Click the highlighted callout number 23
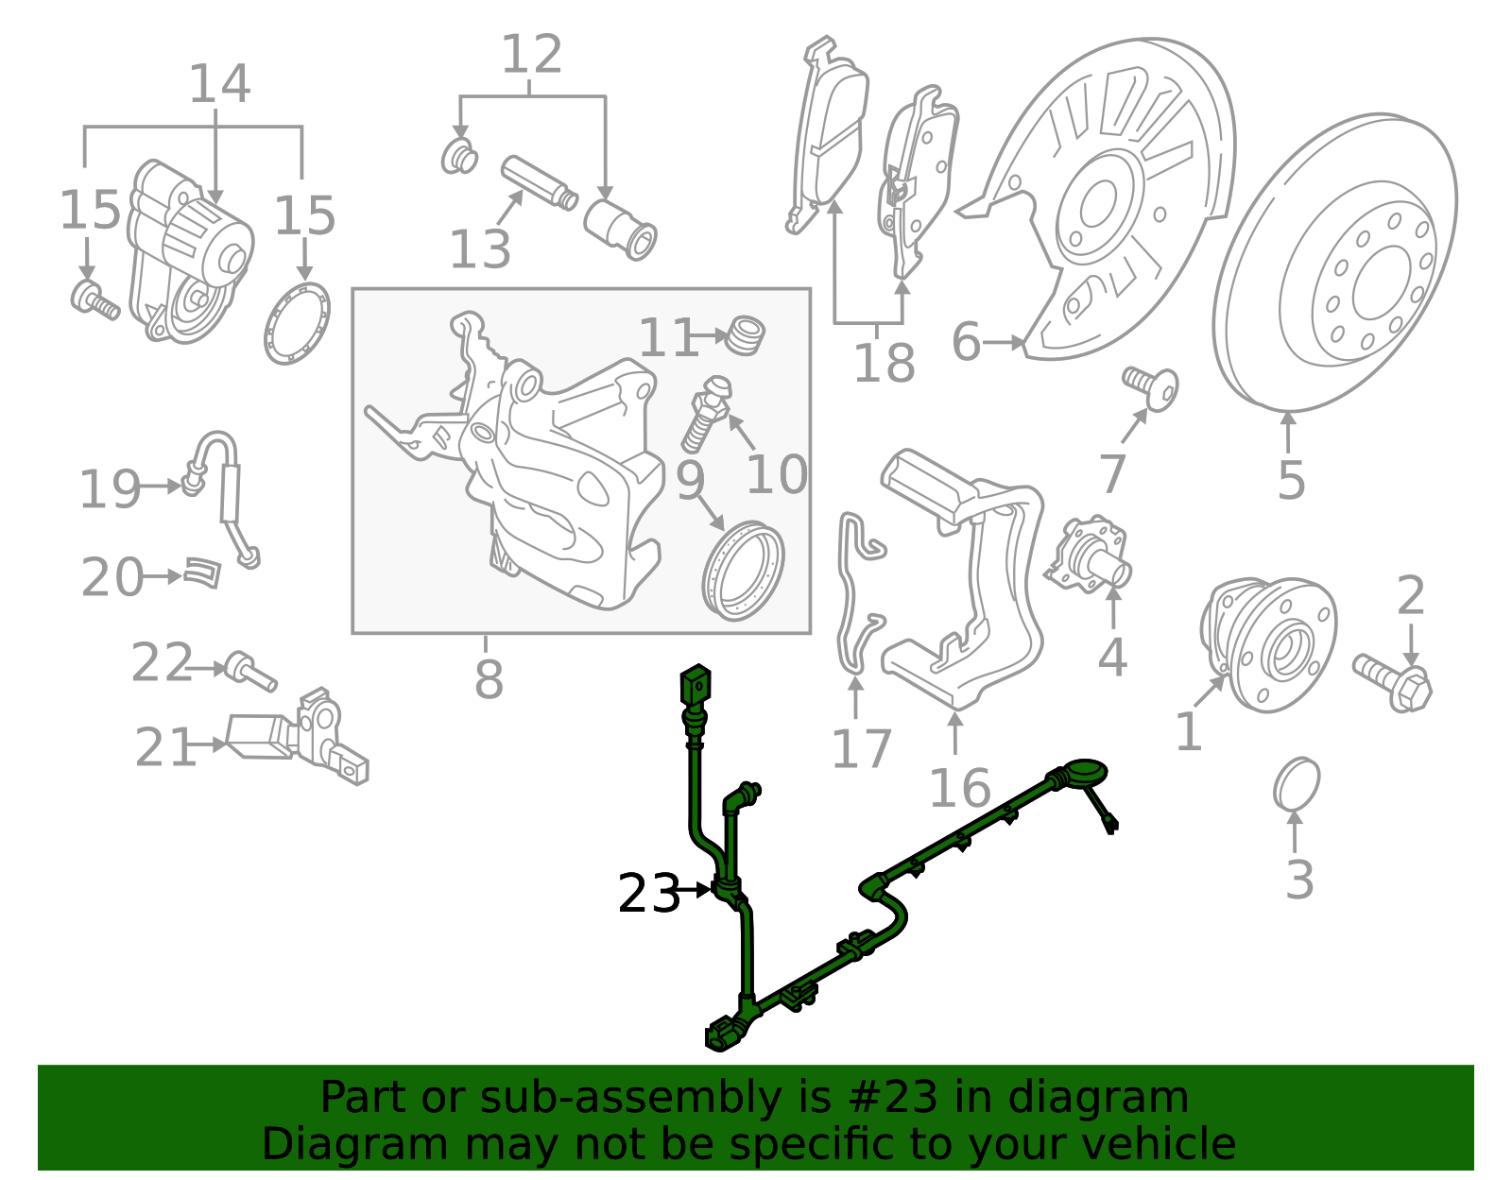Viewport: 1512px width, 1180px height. pyautogui.click(x=648, y=893)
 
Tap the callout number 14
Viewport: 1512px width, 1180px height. pyautogui.click(x=219, y=84)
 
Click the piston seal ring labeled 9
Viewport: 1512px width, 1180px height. pyautogui.click(x=744, y=571)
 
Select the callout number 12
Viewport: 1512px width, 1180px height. pyautogui.click(x=531, y=54)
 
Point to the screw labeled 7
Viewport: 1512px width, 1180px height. pyautogui.click(x=1152, y=387)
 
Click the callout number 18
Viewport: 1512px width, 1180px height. pyautogui.click(x=884, y=362)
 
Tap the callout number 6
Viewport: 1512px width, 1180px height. pyautogui.click(x=966, y=341)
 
